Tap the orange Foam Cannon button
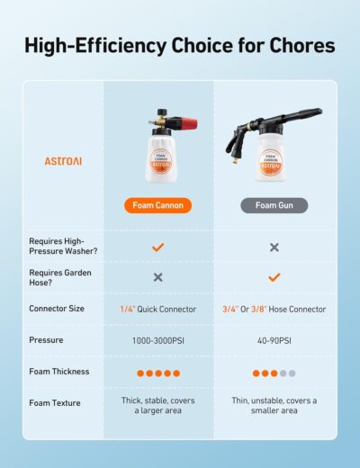pos(157,205)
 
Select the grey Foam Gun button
pos(274,205)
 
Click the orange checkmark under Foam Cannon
pos(157,247)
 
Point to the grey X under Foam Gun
pos(274,247)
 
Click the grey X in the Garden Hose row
pos(157,277)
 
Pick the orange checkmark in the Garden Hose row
pos(274,277)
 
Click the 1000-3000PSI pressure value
pos(157,340)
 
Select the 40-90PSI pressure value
pos(274,340)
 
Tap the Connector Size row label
pos(58,309)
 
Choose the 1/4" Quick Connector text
pos(157,309)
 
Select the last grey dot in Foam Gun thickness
pos(292,373)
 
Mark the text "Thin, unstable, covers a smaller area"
pos(274,406)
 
